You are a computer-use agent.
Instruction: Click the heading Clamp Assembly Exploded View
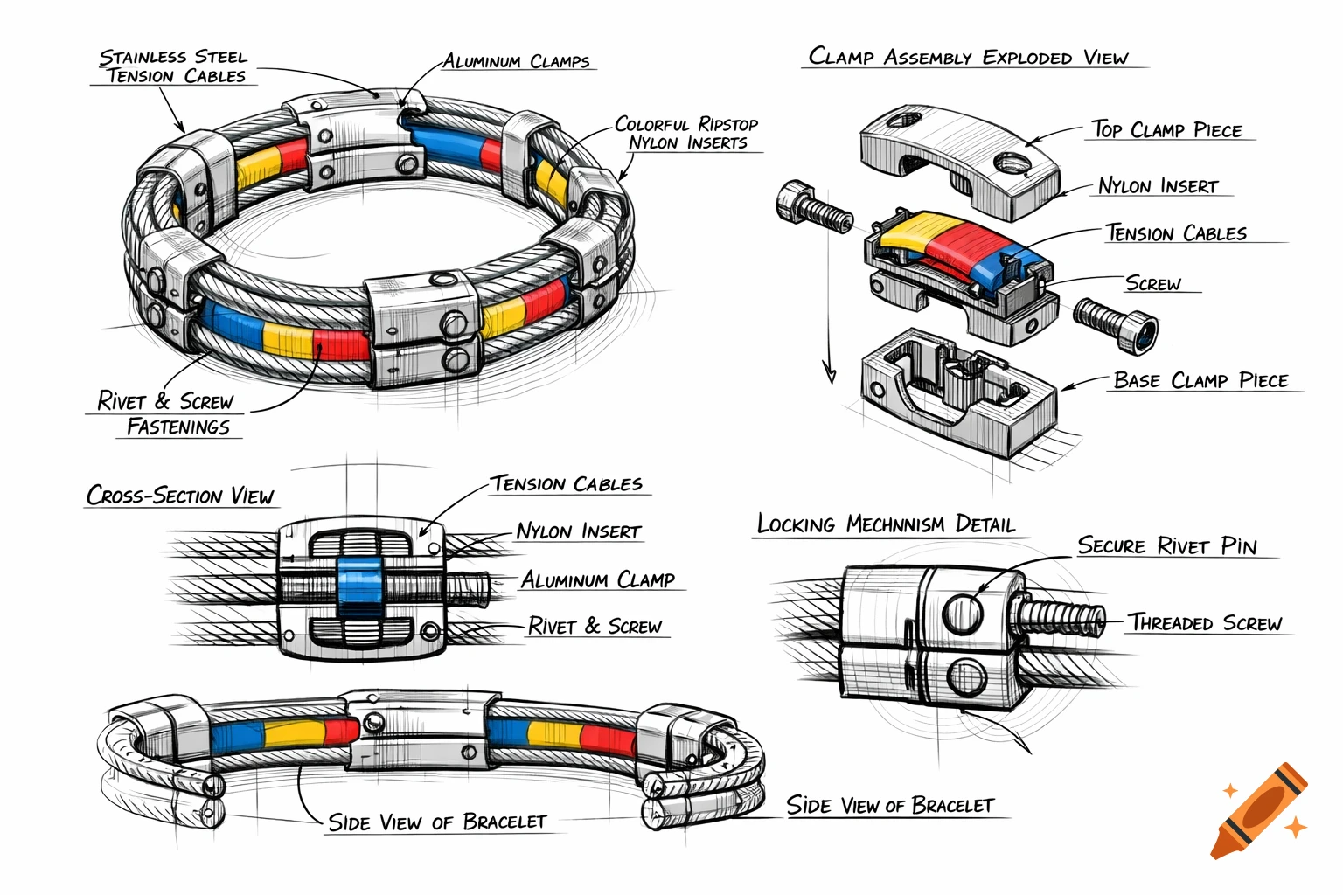point(968,58)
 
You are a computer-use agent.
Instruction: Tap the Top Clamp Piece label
point(1166,130)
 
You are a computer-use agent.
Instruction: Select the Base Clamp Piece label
point(1200,381)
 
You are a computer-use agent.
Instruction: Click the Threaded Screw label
point(1204,623)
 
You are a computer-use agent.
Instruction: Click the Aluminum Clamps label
point(516,62)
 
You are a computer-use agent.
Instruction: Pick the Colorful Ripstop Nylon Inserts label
point(686,134)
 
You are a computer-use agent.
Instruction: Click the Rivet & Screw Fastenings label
point(166,414)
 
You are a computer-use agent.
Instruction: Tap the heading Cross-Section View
point(180,496)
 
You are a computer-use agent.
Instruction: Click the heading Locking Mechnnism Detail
point(886,524)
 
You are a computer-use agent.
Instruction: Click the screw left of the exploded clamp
point(812,207)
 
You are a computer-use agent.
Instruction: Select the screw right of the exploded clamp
point(1117,323)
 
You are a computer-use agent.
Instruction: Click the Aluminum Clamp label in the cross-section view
point(598,580)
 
